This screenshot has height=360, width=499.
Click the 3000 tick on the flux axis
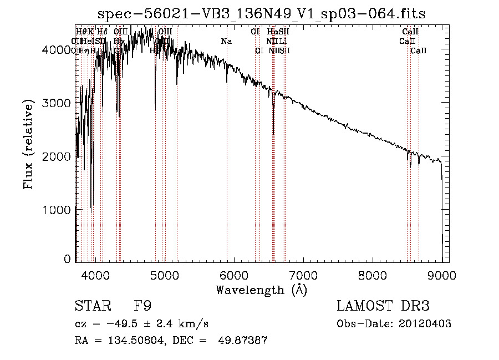tap(56, 103)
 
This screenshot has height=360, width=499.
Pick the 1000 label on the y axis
tap(56, 210)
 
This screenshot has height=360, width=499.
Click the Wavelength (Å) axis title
tap(261, 290)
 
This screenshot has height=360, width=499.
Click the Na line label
tap(226, 41)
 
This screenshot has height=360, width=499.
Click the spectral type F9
tap(142, 306)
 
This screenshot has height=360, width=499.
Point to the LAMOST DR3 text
tap(383, 306)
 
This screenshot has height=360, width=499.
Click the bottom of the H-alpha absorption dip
tap(273, 134)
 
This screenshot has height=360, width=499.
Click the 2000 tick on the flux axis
tap(56, 156)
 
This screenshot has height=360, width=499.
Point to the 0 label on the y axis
tap(67, 259)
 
